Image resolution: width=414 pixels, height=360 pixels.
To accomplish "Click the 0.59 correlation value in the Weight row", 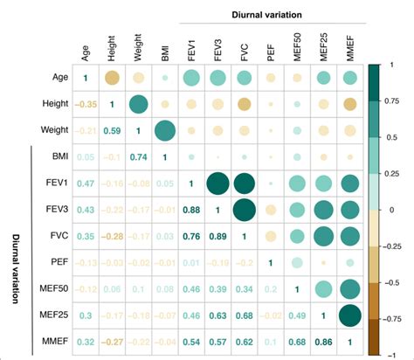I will [x=112, y=132].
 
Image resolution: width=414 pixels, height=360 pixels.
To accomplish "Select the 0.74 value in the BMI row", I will [x=138, y=158].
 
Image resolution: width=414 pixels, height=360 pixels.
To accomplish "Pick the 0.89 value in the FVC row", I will [x=217, y=237].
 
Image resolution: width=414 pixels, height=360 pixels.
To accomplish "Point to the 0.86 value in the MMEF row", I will [x=323, y=341].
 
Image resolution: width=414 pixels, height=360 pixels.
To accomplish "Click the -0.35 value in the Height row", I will [x=85, y=106].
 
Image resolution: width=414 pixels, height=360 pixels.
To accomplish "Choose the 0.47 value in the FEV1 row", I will [x=85, y=184].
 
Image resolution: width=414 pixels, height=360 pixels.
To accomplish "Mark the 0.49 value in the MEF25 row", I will [x=297, y=315].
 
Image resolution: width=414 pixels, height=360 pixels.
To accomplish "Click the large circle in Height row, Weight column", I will [x=138, y=105].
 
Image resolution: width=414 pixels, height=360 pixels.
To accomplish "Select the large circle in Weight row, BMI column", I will [x=164, y=131].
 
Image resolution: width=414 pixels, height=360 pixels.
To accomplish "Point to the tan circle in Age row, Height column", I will [x=112, y=79].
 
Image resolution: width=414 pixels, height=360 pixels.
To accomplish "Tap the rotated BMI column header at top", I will [x=165, y=54].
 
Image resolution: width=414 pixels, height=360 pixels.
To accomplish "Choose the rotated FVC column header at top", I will [x=244, y=52].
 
